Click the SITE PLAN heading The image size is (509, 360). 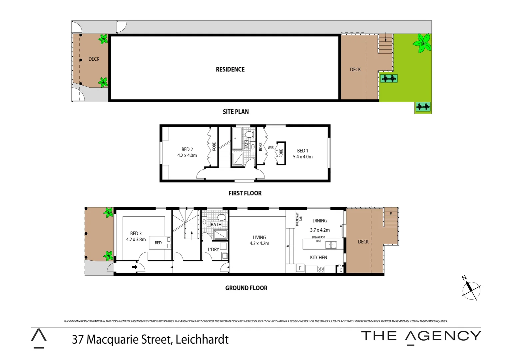pyautogui.click(x=236, y=112)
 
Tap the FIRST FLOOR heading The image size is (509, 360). pyautogui.click(x=245, y=193)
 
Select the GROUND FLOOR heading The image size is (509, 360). pyautogui.click(x=246, y=288)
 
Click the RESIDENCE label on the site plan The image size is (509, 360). pyautogui.click(x=230, y=69)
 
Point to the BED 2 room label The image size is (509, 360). pyautogui.click(x=187, y=149)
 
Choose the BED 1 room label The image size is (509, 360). pyautogui.click(x=302, y=151)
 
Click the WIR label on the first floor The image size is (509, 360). pyautogui.click(x=270, y=148)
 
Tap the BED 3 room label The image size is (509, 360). pyautogui.click(x=136, y=233)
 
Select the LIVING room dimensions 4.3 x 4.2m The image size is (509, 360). pyautogui.click(x=259, y=244)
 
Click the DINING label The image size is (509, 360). pyautogui.click(x=320, y=221)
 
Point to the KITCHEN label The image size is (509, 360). pyautogui.click(x=318, y=257)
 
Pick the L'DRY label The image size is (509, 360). pyautogui.click(x=213, y=249)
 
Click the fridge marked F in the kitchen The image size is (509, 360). pyautogui.click(x=300, y=268)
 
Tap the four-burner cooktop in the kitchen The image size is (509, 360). pyautogui.click(x=321, y=269)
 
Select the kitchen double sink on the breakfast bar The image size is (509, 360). pyautogui.click(x=331, y=245)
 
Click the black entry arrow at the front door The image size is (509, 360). pyautogui.click(x=135, y=267)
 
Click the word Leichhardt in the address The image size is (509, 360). pyautogui.click(x=202, y=339)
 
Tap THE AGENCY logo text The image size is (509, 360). pyautogui.click(x=421, y=336)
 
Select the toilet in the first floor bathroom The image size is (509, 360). pyautogui.click(x=249, y=135)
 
